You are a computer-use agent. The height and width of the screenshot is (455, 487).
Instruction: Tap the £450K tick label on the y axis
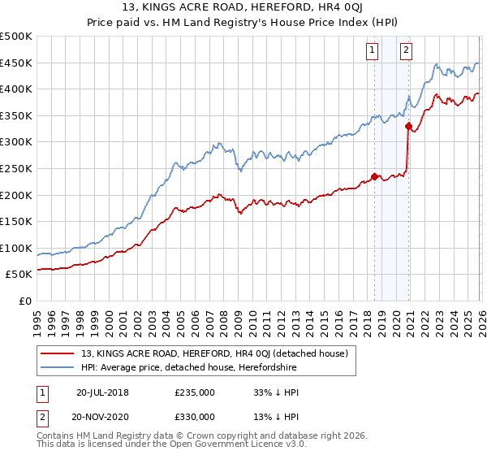[16, 63]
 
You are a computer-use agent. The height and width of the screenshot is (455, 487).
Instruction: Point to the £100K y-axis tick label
[16, 248]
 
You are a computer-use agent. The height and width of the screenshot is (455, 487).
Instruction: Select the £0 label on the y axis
[26, 301]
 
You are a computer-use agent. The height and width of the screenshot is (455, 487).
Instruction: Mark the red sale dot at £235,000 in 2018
[374, 176]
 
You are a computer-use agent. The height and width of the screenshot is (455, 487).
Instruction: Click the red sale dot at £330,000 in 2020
[409, 126]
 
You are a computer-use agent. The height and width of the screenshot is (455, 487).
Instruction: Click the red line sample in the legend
[58, 353]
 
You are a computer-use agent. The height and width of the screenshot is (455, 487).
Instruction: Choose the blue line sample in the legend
[58, 367]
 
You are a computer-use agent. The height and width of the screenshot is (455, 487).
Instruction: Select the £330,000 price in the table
[195, 416]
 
